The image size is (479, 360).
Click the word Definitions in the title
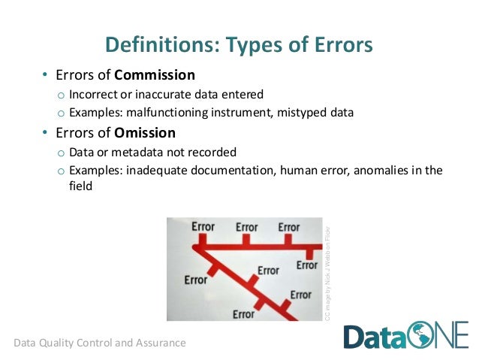[x=155, y=45]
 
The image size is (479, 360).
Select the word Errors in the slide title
[x=336, y=45]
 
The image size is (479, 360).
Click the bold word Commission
[x=155, y=75]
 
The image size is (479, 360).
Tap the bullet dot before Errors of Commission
[x=44, y=75]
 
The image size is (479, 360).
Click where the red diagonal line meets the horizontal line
[x=200, y=247]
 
